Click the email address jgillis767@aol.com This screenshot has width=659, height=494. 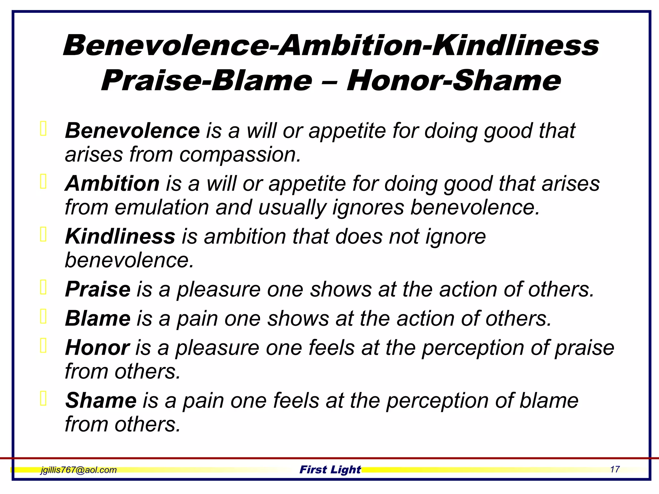[x=79, y=470]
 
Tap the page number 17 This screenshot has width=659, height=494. [x=615, y=470]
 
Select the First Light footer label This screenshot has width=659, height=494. [x=330, y=470]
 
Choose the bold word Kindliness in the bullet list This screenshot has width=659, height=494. [x=120, y=236]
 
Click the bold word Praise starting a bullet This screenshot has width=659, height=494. [x=98, y=289]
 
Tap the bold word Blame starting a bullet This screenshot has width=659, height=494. [x=98, y=318]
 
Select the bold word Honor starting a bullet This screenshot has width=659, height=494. [x=97, y=348]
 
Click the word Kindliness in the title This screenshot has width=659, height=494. [x=515, y=46]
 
